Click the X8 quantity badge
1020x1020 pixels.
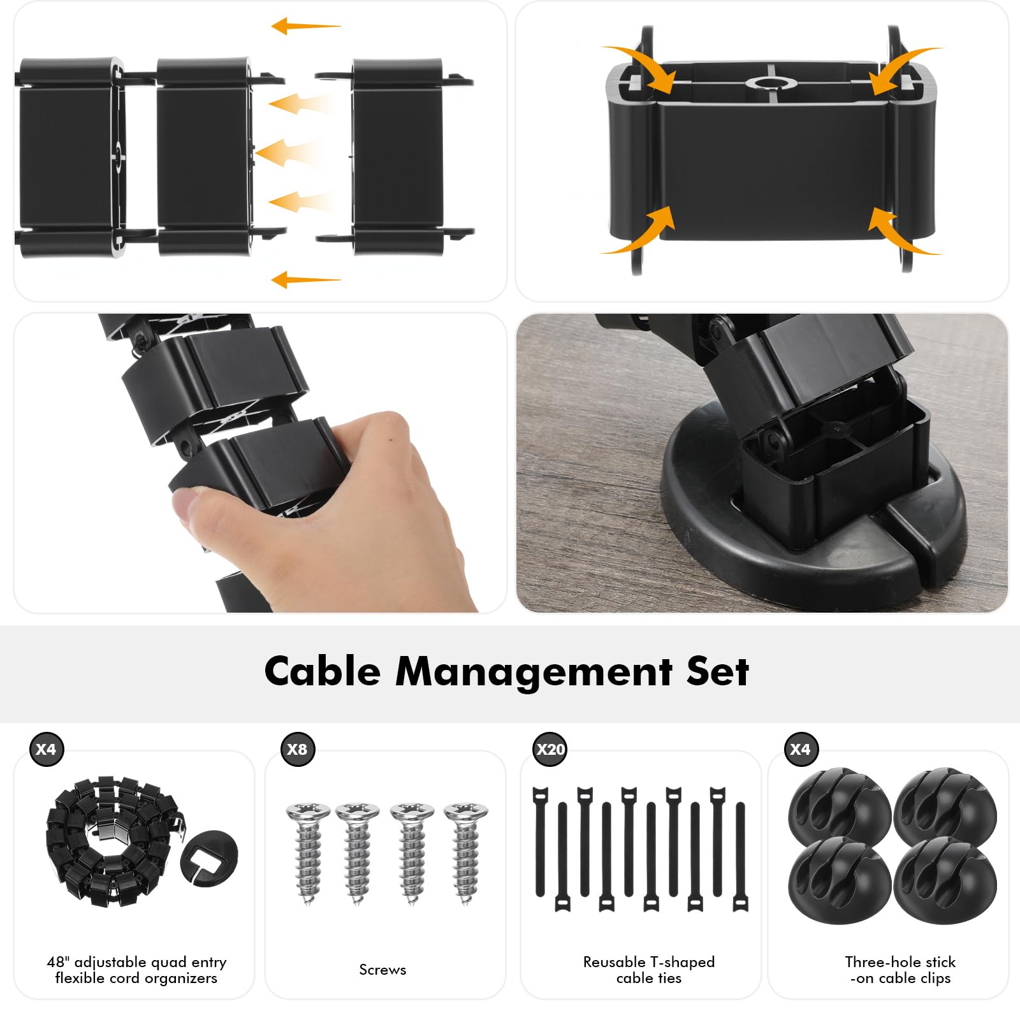pos(297,749)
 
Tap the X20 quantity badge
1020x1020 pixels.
pos(550,749)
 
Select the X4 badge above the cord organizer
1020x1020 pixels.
pos(46,749)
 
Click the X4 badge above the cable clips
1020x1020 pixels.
pos(800,749)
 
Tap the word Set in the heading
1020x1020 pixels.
pos(717,672)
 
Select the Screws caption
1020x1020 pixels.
pos(382,970)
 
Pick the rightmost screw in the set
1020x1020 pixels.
pos(466,853)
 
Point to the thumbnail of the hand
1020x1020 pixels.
pos(259,463)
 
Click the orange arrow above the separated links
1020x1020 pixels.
pos(305,26)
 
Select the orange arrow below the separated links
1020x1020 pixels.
pos(305,279)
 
